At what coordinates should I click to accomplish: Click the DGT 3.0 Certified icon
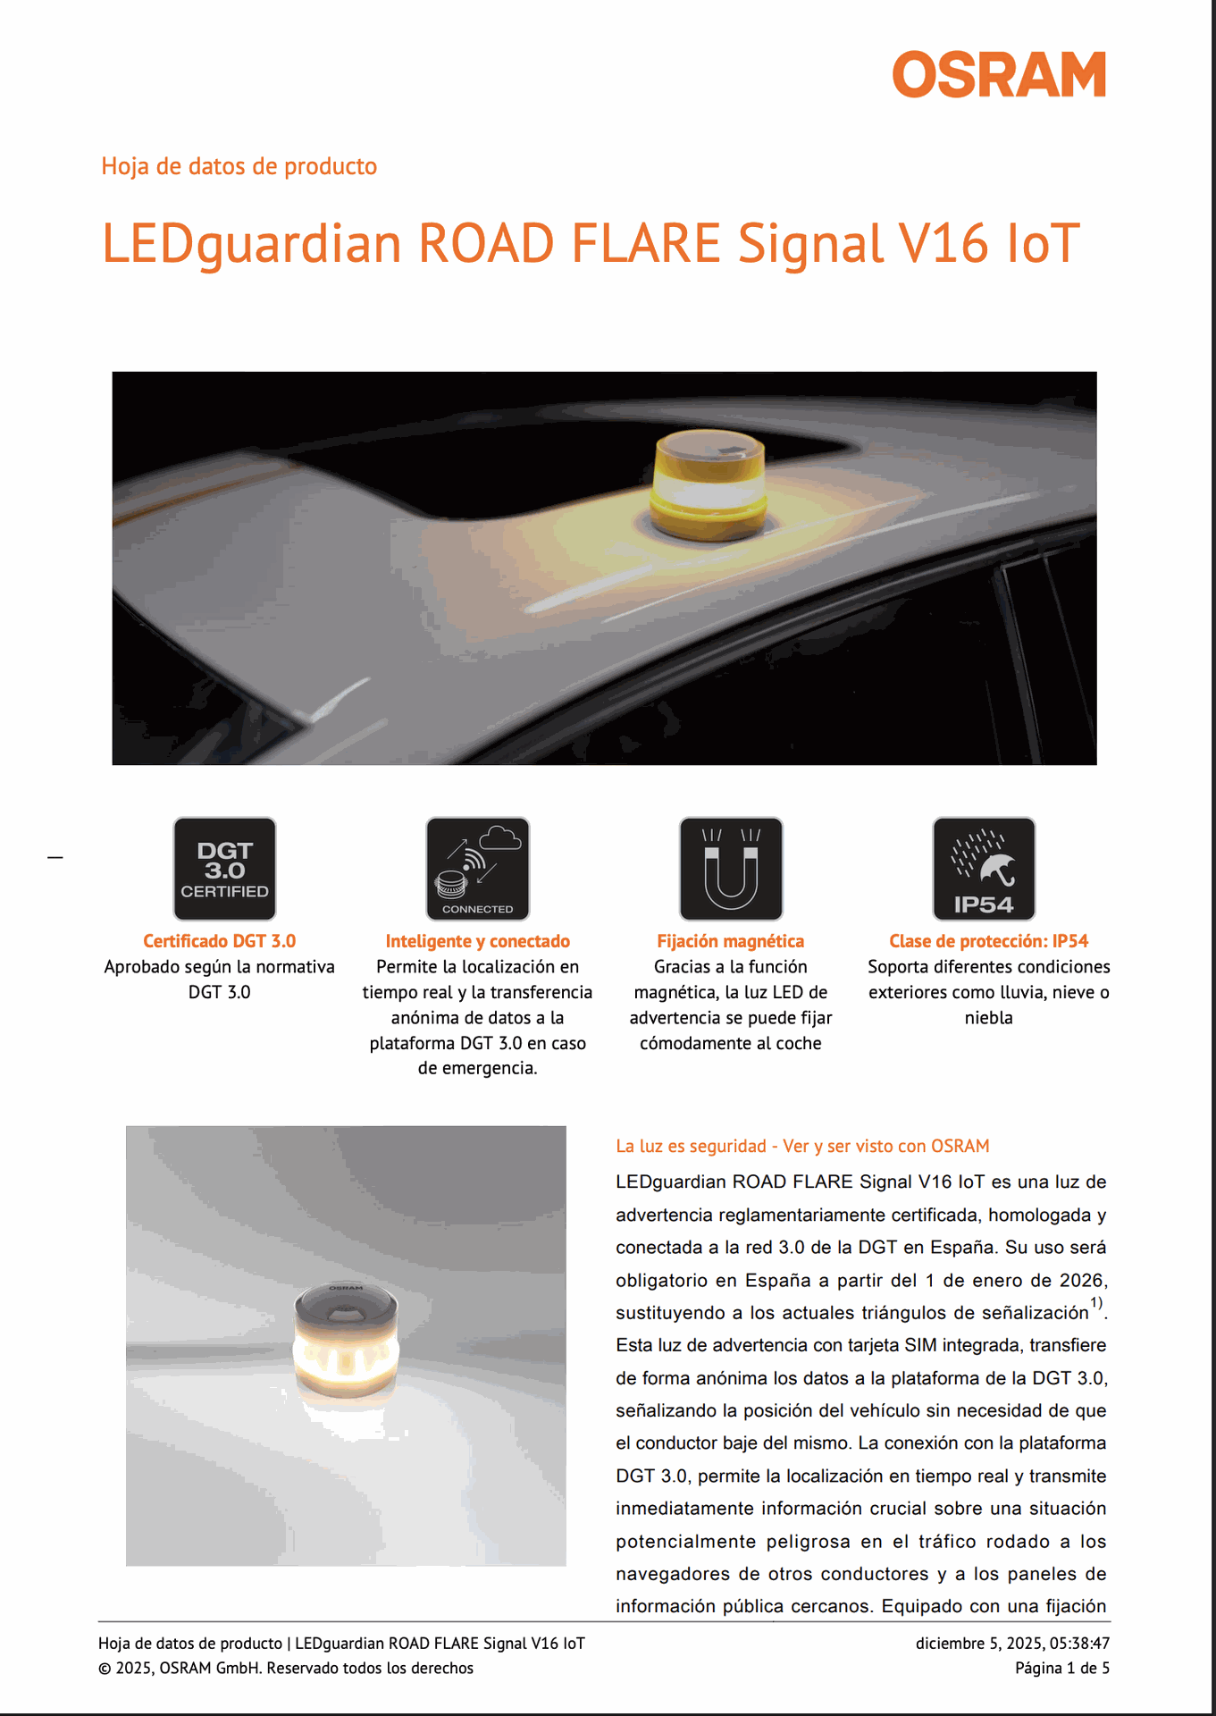click(224, 869)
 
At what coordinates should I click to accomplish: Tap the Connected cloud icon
click(478, 869)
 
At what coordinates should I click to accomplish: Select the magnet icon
click(731, 869)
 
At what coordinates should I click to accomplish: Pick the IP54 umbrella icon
click(985, 869)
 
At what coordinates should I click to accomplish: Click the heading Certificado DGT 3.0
click(219, 941)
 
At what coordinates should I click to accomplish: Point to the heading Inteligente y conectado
click(478, 941)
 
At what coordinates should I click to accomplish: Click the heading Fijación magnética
click(731, 941)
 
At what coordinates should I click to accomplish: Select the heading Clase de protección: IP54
click(989, 941)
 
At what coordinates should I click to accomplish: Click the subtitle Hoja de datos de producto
click(239, 166)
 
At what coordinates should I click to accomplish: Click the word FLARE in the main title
click(645, 243)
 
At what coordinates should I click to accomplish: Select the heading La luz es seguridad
click(692, 1146)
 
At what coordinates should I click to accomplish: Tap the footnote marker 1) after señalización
click(1096, 1303)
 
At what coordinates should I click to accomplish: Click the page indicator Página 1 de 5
click(1062, 1668)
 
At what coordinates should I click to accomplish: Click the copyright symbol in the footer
click(105, 1668)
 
